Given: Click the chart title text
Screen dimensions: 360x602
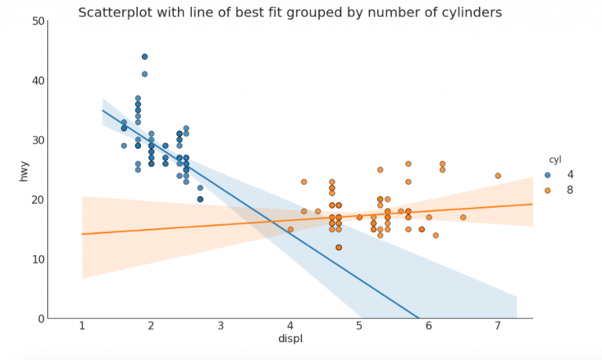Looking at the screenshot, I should [x=290, y=13].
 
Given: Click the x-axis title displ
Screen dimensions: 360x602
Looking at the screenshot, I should [x=289, y=339].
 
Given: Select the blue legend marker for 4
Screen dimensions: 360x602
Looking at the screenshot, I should [x=548, y=174].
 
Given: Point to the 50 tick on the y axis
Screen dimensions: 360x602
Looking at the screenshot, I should [x=37, y=21].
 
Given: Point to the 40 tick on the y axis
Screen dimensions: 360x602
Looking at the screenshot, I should [x=37, y=81].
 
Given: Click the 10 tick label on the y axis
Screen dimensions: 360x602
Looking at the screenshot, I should [x=37, y=260].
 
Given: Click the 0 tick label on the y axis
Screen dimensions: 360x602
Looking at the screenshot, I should [x=40, y=319].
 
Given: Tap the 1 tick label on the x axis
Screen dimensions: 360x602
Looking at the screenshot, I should [x=82, y=326].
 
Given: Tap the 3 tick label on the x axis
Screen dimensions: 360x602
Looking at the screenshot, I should [x=220, y=326].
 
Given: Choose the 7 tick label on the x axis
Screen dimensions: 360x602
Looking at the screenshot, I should [x=497, y=326].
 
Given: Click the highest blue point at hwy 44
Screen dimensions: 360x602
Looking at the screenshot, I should [x=144, y=56].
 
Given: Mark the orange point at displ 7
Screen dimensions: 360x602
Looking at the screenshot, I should [x=498, y=176].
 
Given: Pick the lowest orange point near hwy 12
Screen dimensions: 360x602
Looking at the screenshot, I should [x=339, y=247].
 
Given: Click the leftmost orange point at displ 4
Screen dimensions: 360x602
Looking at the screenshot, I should [x=290, y=229].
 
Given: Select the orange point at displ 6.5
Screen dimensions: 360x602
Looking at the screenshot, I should [x=463, y=217].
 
